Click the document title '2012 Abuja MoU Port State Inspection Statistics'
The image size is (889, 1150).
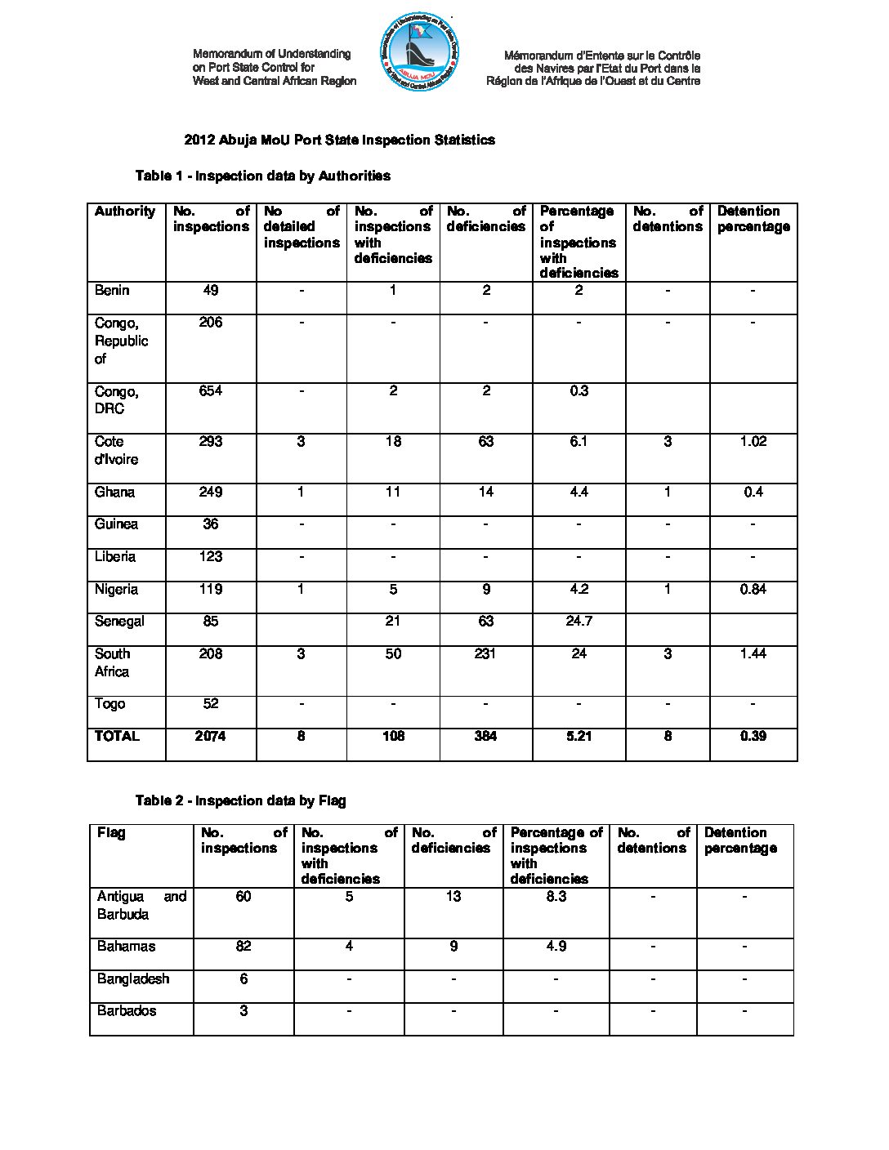(339, 140)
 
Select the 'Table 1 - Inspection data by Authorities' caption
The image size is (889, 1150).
(262, 176)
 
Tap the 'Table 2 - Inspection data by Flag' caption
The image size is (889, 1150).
(240, 800)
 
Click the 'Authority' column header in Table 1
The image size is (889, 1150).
(124, 212)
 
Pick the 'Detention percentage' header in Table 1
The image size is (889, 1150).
(753, 219)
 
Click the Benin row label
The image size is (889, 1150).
(111, 291)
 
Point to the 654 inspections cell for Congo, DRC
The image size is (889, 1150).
(211, 391)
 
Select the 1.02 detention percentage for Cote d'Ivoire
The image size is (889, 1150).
(753, 442)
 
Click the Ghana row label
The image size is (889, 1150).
(114, 493)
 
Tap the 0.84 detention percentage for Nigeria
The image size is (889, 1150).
(753, 590)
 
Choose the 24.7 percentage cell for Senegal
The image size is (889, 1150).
(579, 622)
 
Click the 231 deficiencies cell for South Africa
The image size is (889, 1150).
(485, 654)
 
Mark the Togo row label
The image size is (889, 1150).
(109, 704)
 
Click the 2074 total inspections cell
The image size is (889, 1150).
(211, 737)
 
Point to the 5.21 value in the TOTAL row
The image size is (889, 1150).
(579, 737)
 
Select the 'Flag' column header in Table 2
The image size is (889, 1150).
(111, 833)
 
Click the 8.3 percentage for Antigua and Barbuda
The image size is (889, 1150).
(556, 897)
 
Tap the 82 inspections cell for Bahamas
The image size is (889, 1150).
(243, 947)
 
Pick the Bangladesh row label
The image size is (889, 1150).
(133, 978)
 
